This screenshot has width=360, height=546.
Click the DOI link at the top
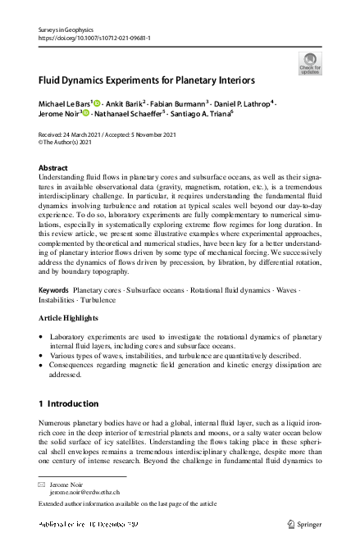tap(94, 38)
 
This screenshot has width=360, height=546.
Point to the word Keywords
tap(54, 291)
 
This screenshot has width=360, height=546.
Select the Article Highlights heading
tap(75, 316)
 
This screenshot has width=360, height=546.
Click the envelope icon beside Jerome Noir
tap(43, 485)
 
